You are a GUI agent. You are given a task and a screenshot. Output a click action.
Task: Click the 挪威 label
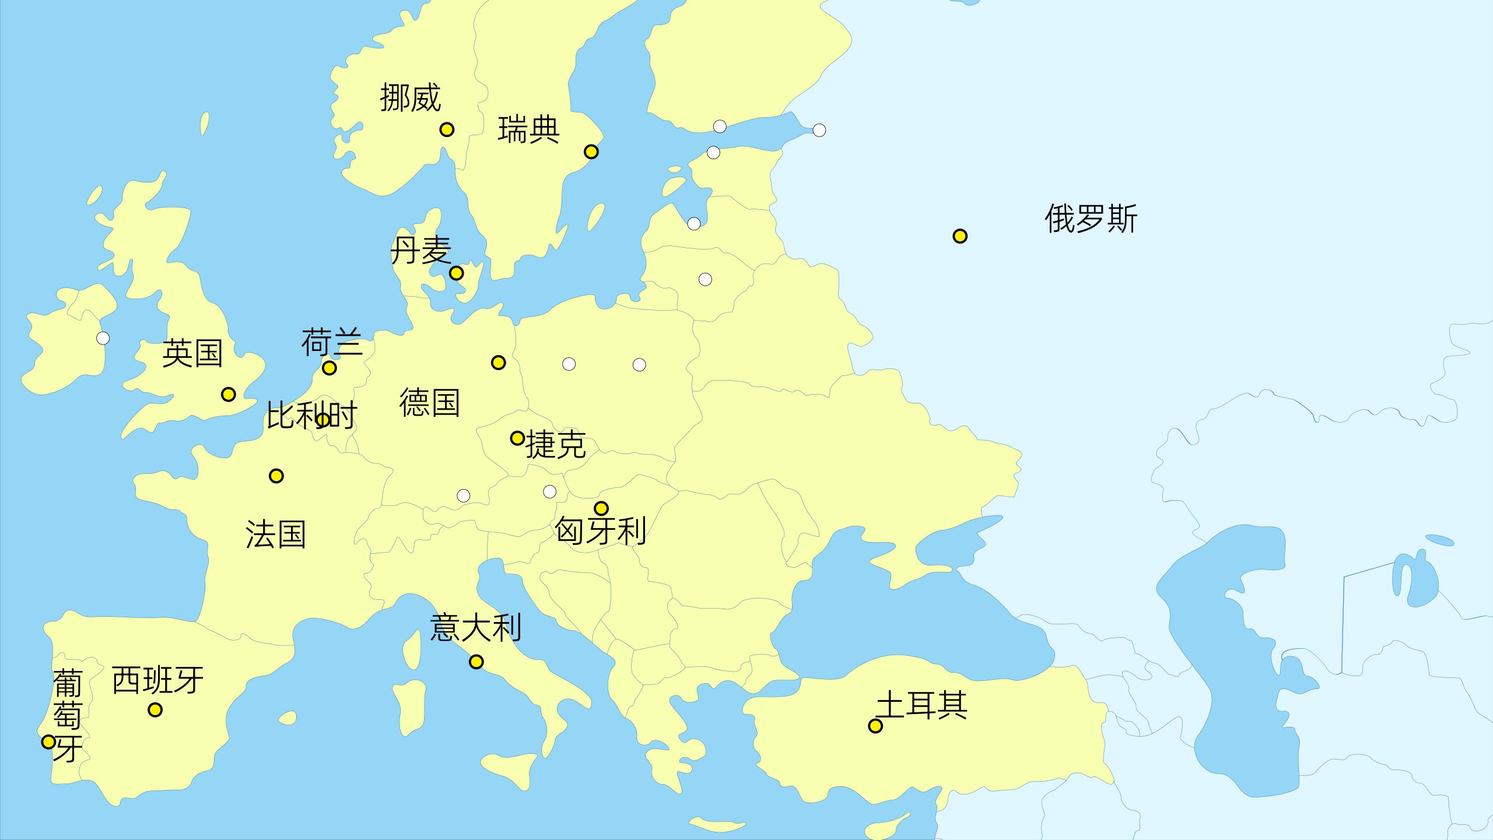(411, 97)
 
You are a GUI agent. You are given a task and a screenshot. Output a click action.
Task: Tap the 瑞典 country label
(528, 129)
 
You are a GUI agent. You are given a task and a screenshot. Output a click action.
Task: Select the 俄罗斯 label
(1091, 219)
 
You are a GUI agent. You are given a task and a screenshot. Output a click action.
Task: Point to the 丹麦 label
(420, 251)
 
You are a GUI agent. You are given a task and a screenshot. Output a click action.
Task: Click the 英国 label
(192, 353)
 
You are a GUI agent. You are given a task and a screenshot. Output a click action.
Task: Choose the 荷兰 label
(332, 342)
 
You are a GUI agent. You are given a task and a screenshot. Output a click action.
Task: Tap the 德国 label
(430, 403)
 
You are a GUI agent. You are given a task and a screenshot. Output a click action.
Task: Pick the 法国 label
(276, 535)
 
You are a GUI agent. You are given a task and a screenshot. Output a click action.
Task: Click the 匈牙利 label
(600, 530)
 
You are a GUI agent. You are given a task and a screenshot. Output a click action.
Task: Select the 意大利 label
(476, 628)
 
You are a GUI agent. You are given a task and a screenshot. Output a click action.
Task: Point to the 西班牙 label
(157, 680)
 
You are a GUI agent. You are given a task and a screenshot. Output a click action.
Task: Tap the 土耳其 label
(922, 705)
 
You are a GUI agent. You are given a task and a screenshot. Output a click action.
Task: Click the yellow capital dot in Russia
(960, 236)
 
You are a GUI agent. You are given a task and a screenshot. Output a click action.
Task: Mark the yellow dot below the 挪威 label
(447, 129)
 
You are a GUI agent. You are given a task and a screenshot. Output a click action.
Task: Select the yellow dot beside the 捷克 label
(517, 438)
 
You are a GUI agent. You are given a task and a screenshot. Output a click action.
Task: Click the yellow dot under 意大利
(476, 662)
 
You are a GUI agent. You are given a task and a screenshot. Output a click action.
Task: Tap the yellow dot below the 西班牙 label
(155, 709)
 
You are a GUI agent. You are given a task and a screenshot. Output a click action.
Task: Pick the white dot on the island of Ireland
(103, 338)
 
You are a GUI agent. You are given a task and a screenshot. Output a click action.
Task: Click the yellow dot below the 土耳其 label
(875, 726)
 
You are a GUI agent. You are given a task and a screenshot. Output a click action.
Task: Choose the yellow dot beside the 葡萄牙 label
(49, 742)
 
